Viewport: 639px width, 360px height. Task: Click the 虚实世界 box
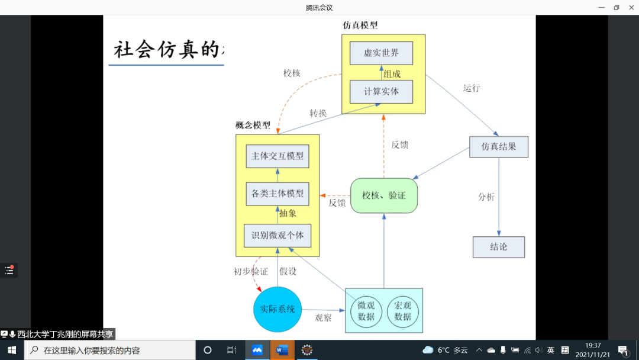click(381, 53)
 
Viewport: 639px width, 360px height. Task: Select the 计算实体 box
click(381, 92)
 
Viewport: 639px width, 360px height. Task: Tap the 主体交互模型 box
click(277, 156)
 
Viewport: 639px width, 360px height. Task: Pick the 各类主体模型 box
click(277, 194)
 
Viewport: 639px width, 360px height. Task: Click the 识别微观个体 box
click(277, 236)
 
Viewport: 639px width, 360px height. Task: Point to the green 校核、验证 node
click(384, 195)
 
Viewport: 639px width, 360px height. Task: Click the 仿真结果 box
click(498, 146)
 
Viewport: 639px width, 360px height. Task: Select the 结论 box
click(499, 247)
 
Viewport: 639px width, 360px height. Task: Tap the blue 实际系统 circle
click(277, 309)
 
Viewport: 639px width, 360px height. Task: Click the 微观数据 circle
click(366, 311)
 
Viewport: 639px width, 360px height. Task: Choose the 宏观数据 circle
click(402, 311)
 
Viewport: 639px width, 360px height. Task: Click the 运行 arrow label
click(472, 88)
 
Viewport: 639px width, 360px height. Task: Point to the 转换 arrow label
click(318, 113)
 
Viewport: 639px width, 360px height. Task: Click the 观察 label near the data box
click(323, 318)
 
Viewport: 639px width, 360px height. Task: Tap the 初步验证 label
click(250, 272)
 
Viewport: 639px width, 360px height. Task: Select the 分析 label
click(486, 197)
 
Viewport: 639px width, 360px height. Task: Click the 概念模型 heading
click(253, 125)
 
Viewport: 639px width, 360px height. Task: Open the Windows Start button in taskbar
click(11, 350)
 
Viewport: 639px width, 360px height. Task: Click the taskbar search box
click(109, 350)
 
